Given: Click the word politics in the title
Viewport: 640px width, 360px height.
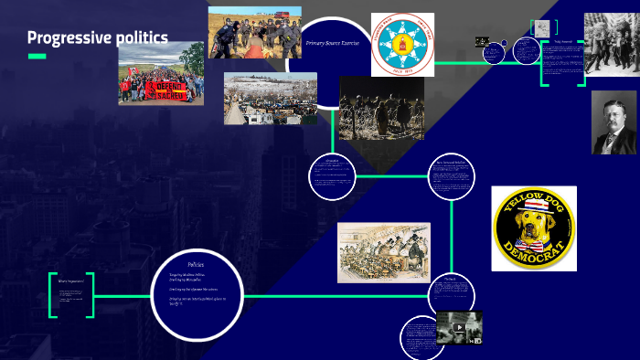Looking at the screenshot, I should pyautogui.click(x=143, y=37).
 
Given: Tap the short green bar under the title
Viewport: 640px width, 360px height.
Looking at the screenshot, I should pyautogui.click(x=37, y=57).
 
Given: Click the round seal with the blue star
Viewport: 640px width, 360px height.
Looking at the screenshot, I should pyautogui.click(x=402, y=44).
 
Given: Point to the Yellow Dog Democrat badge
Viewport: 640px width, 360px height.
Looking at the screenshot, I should pyautogui.click(x=534, y=228).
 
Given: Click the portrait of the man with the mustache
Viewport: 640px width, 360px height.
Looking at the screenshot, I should pyautogui.click(x=614, y=122).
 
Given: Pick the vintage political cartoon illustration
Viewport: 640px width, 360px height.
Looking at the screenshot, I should pyautogui.click(x=383, y=252).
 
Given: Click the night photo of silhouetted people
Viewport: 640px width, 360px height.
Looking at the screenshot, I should pyautogui.click(x=381, y=108).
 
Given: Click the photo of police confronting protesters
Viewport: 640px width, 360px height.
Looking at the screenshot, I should pyautogui.click(x=254, y=33).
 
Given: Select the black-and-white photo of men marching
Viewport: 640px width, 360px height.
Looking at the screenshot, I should pyautogui.click(x=612, y=44).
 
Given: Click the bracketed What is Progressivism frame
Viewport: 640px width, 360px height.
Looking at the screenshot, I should pyautogui.click(x=71, y=294).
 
